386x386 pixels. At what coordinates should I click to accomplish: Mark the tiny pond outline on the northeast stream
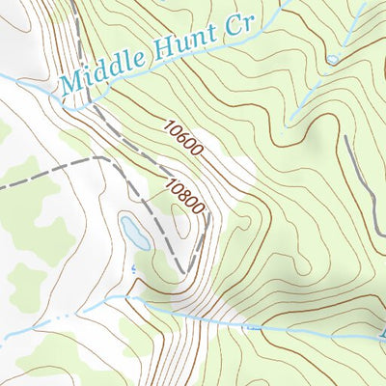[333, 60]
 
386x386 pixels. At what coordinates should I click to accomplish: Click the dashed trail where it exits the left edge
[3, 183]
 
